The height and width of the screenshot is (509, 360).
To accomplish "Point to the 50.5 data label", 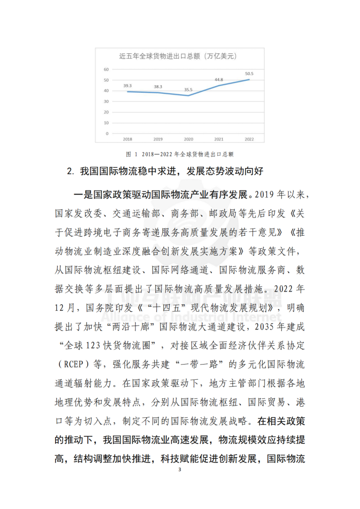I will (x=249, y=74).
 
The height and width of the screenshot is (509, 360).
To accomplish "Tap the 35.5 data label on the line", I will (x=188, y=90).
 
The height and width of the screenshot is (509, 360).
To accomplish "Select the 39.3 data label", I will (x=127, y=86).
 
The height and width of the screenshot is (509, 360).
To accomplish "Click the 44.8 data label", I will (x=219, y=80).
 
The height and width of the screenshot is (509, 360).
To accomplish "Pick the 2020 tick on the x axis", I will (x=188, y=138).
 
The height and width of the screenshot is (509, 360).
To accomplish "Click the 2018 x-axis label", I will (x=127, y=138).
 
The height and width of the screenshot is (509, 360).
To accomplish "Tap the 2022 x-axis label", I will (x=249, y=138).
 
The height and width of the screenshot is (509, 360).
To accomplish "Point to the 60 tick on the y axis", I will (x=106, y=69).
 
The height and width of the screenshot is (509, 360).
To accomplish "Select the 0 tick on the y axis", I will (x=107, y=133).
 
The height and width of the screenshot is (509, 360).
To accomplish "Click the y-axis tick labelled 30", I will (x=106, y=101).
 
